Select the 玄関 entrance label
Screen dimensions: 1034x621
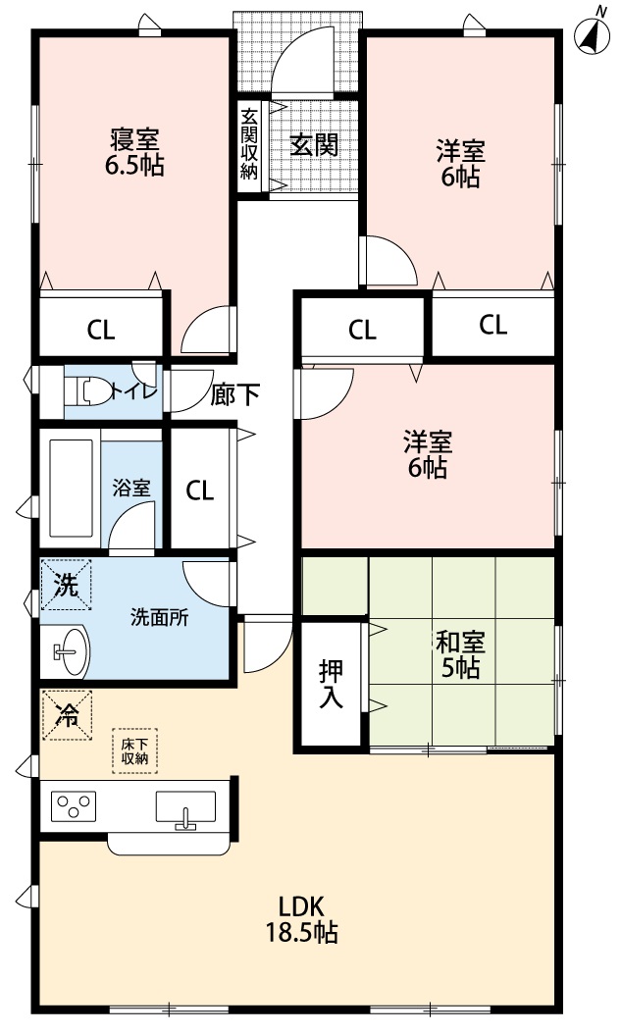click(314, 145)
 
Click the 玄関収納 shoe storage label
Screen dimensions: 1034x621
click(249, 143)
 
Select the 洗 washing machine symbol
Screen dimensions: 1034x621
click(65, 586)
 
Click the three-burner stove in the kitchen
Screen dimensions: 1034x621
click(74, 807)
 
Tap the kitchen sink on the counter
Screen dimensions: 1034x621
click(185, 808)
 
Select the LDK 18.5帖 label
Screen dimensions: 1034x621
click(301, 919)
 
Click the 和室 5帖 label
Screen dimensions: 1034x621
click(459, 655)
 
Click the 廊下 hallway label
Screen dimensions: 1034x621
click(235, 394)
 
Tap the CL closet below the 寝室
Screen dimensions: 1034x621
click(100, 330)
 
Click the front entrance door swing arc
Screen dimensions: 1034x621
click(304, 59)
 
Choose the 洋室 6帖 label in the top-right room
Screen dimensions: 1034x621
click(459, 164)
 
